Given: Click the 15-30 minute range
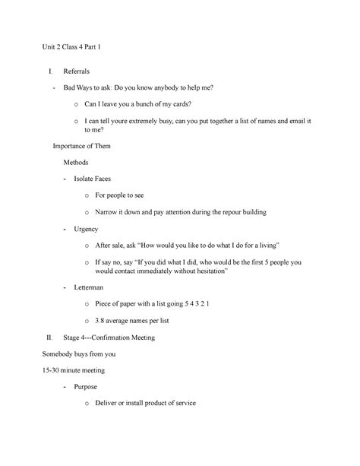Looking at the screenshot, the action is click(54, 370).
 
